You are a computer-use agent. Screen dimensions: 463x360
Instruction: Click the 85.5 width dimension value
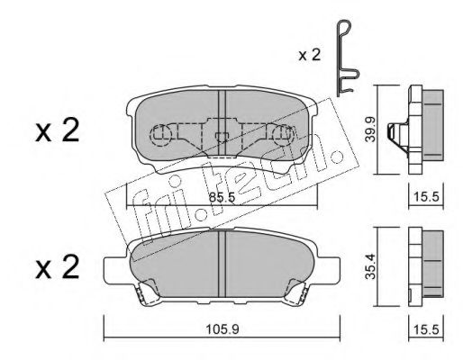point(222,198)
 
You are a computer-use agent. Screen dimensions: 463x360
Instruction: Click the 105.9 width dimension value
point(222,329)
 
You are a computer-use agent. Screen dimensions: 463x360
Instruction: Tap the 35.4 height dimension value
point(370,266)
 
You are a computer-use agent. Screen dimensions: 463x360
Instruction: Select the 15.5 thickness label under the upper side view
point(426,197)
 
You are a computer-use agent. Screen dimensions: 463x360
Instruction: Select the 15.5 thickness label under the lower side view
point(426,329)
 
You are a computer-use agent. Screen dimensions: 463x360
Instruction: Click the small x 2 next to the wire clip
point(310,55)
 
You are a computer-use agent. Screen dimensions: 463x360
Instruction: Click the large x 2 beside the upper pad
point(58,130)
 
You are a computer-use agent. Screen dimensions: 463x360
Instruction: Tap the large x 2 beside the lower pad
point(58,267)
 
